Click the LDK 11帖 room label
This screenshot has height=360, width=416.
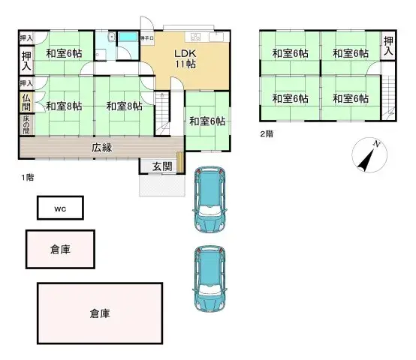tap(185, 59)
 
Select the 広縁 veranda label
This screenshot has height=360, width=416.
tap(102, 148)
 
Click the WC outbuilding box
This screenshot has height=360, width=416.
tap(60, 208)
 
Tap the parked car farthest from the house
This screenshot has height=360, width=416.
tap(211, 279)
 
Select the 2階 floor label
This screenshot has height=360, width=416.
tap(267, 133)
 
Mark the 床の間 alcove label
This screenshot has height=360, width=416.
tap(26, 123)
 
